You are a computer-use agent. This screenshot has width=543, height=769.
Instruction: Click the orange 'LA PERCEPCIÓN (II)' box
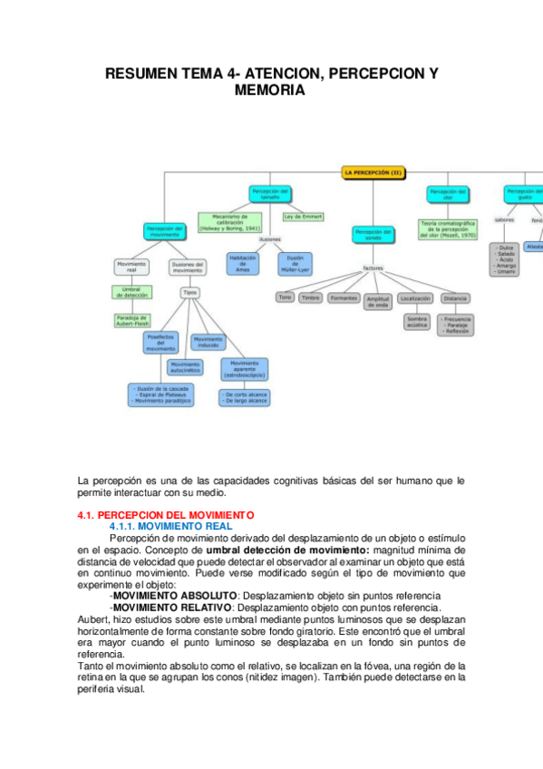coord(378,170)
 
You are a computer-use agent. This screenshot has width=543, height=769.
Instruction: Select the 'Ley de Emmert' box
coord(302,218)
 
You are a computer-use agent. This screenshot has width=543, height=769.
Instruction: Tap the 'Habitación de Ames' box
coord(242,264)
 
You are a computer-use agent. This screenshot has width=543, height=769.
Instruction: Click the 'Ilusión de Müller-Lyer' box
coord(294,264)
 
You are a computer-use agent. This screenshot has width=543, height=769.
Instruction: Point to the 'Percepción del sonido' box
coord(374,236)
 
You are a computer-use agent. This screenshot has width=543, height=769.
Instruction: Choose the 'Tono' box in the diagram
coord(285,297)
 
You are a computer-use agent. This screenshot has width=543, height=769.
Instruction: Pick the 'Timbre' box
coord(311,297)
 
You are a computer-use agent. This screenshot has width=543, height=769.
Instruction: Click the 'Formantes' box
coord(344,297)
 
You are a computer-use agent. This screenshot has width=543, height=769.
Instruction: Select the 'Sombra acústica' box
coord(416,322)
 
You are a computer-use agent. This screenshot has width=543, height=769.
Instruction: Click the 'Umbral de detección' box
coord(131,292)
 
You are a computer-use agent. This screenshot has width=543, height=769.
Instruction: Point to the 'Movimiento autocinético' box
coord(186,367)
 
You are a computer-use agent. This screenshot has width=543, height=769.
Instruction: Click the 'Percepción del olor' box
coord(448,194)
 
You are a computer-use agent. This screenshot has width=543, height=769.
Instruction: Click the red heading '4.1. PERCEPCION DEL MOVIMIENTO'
coord(166,515)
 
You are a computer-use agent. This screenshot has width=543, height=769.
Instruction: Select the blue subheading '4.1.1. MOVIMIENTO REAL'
coord(171,526)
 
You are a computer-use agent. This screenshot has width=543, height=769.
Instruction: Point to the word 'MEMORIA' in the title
coord(270,92)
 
